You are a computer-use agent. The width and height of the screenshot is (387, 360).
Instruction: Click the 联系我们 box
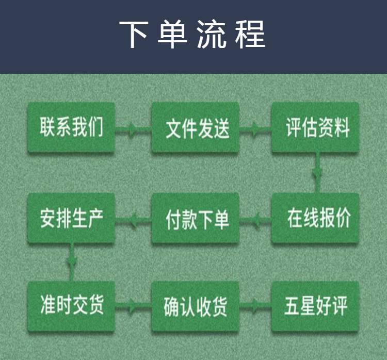[71, 127]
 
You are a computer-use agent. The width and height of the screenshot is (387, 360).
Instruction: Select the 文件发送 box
[195, 127]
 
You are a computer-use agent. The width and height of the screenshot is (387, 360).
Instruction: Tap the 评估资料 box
[315, 127]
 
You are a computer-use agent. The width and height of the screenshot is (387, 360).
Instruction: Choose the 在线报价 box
[315, 219]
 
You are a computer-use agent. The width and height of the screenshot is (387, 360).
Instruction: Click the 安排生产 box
[71, 219]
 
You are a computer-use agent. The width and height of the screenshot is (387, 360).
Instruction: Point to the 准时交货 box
[71, 305]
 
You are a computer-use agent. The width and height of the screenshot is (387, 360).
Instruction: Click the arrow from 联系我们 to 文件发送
[133, 127]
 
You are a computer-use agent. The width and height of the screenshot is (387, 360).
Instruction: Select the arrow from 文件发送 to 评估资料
[255, 127]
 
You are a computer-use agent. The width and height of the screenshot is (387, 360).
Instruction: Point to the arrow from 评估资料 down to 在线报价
[316, 173]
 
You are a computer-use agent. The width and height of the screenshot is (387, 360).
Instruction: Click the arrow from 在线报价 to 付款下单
[255, 221]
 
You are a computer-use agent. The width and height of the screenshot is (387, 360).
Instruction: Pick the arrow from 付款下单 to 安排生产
[133, 221]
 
